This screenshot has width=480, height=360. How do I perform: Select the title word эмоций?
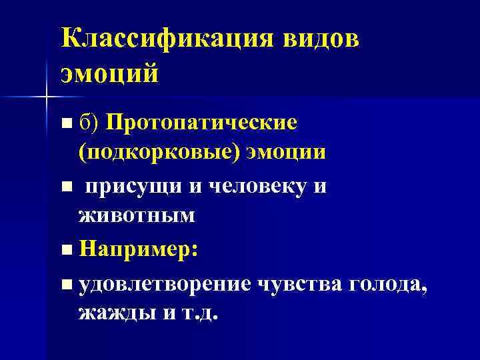[110, 73]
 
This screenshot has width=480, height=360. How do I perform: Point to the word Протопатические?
[201, 123]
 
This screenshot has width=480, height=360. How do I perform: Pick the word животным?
[137, 215]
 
